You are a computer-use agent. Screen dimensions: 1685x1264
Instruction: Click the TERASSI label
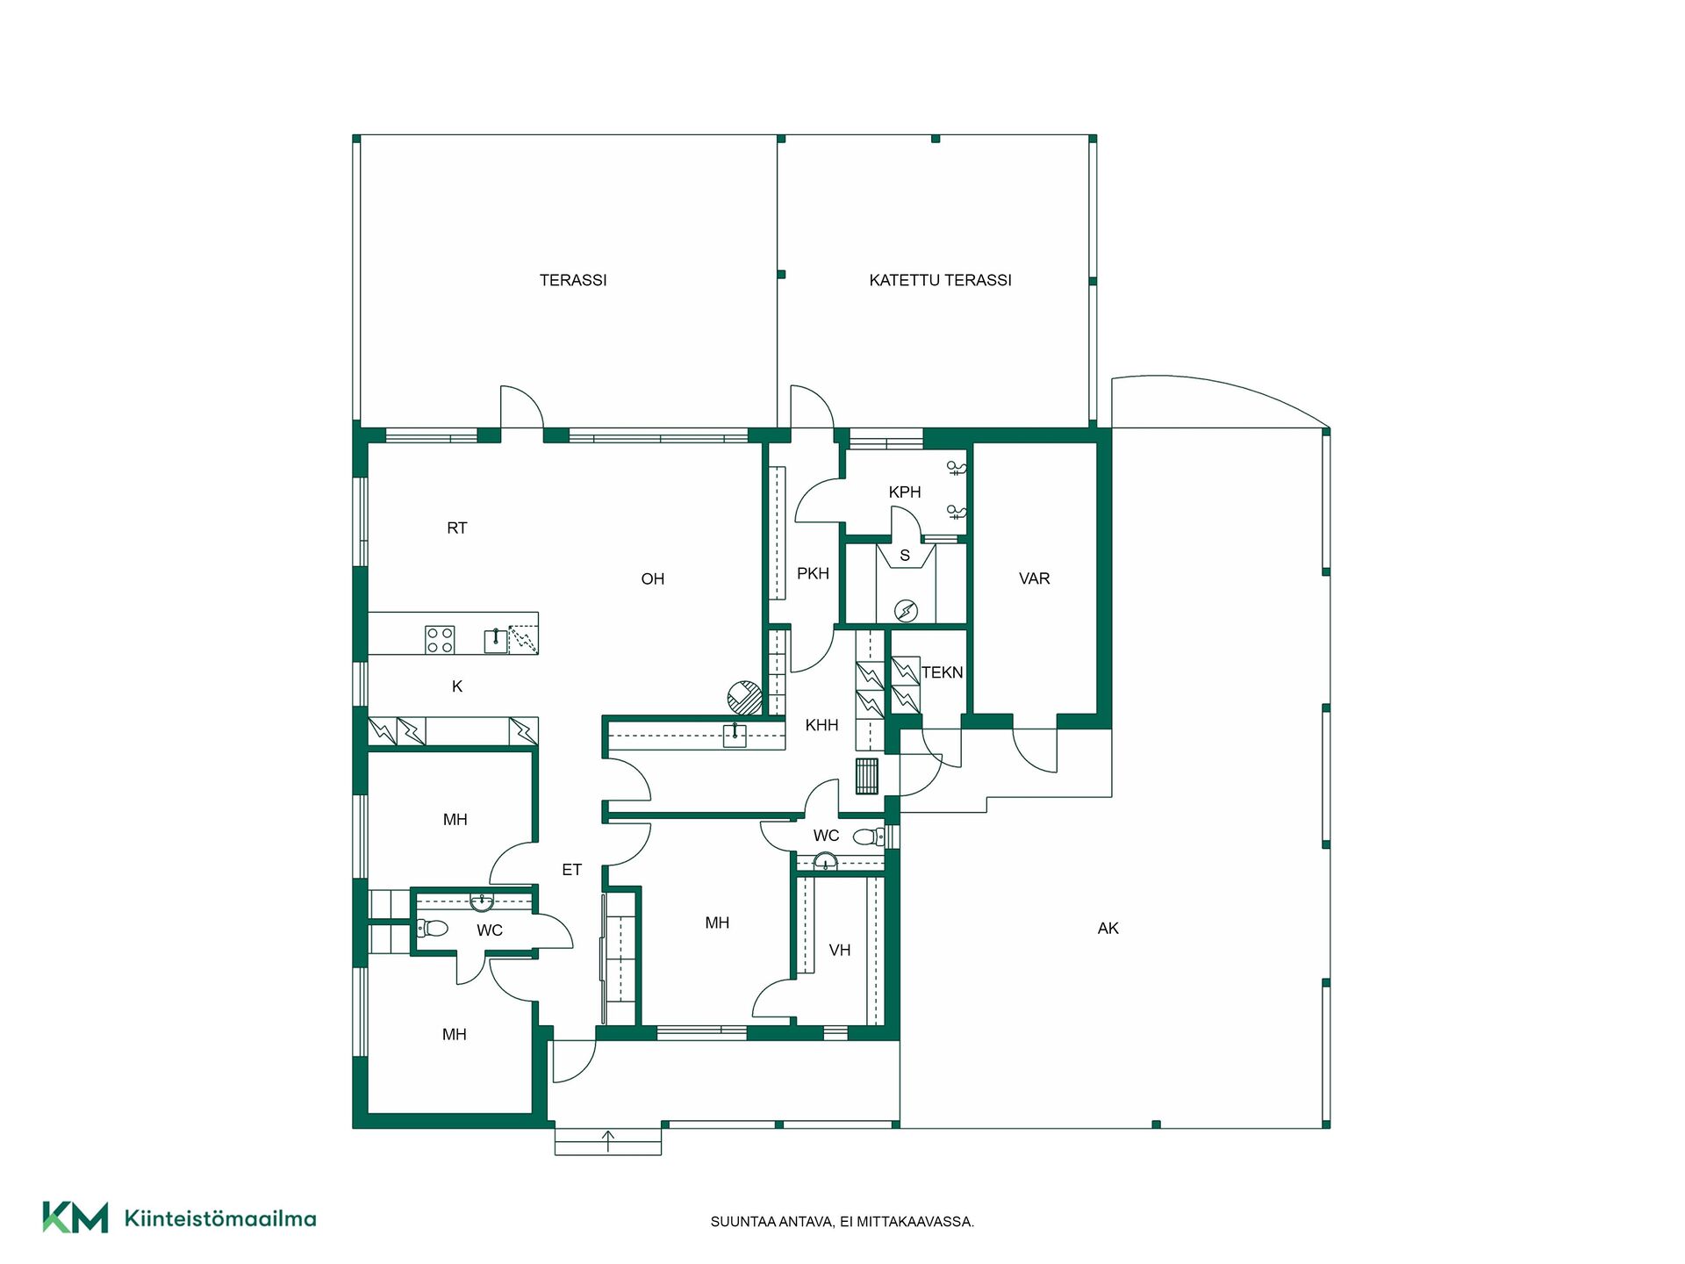click(573, 280)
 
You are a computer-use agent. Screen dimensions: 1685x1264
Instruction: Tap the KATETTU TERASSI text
click(940, 280)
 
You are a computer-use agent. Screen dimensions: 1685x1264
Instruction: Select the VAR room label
click(1035, 578)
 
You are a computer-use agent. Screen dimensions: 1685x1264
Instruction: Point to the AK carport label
click(1108, 928)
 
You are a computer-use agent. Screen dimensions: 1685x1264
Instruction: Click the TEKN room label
click(942, 672)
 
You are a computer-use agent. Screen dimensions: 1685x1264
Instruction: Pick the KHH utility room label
click(821, 725)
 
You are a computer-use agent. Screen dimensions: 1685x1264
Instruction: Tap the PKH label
click(813, 573)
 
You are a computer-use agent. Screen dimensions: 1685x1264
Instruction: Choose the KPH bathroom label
click(905, 492)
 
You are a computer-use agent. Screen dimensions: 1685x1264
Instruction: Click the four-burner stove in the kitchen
click(440, 639)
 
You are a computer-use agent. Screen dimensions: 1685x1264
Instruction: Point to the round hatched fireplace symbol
click(745, 698)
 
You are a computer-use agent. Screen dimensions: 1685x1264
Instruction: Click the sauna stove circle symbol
click(906, 610)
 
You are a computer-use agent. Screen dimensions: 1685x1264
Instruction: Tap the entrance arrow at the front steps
click(608, 1141)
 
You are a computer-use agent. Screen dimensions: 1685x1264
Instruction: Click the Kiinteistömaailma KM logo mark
click(75, 1217)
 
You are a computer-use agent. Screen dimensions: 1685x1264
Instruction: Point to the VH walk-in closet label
click(840, 950)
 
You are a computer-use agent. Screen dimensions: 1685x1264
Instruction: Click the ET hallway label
click(571, 870)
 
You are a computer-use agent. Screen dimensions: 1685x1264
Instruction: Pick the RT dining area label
click(456, 528)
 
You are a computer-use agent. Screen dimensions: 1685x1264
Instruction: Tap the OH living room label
click(652, 578)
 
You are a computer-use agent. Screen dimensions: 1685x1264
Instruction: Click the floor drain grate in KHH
click(867, 776)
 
